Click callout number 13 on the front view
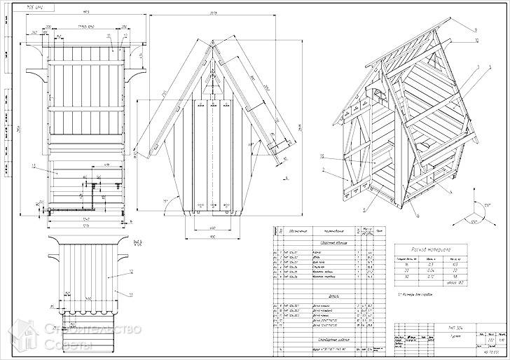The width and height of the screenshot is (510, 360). click(33, 166)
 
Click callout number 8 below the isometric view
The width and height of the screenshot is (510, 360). click(364, 208)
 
